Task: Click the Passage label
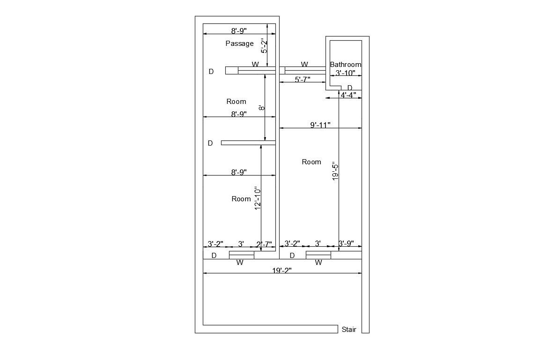pyautogui.click(x=239, y=44)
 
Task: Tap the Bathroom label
pyautogui.click(x=346, y=65)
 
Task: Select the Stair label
pyautogui.click(x=349, y=330)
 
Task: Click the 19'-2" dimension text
pyautogui.click(x=282, y=270)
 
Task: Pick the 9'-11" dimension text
pyautogui.click(x=320, y=125)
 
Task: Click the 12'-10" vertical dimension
pyautogui.click(x=258, y=198)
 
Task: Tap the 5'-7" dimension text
pyautogui.click(x=303, y=80)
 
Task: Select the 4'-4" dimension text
pyautogui.click(x=348, y=95)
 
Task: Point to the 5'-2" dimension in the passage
pyautogui.click(x=264, y=45)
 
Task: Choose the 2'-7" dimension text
pyautogui.click(x=264, y=244)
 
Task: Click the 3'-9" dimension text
pyautogui.click(x=346, y=243)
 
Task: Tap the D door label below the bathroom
pyautogui.click(x=349, y=88)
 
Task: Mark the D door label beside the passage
pyautogui.click(x=211, y=72)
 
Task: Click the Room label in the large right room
pyautogui.click(x=311, y=162)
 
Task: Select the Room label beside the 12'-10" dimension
pyautogui.click(x=241, y=199)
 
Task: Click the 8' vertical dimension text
pyautogui.click(x=262, y=108)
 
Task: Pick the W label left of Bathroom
pyautogui.click(x=304, y=65)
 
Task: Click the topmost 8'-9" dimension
pyautogui.click(x=239, y=31)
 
